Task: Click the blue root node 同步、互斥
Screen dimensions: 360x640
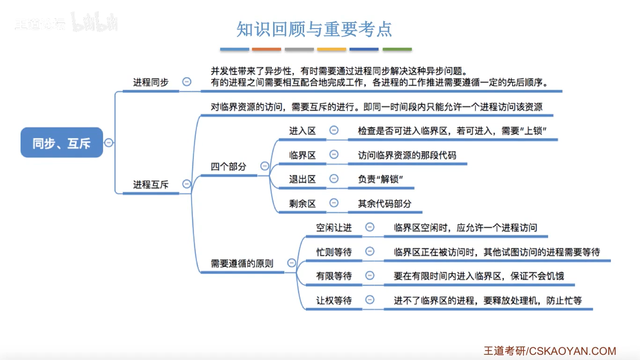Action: [61, 142]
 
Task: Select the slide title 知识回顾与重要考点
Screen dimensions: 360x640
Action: [314, 29]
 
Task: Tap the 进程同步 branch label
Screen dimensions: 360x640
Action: [150, 82]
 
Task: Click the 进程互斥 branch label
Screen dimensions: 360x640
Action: [150, 184]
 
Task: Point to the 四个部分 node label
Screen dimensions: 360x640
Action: [228, 166]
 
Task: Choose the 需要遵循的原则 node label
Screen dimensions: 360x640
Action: [242, 263]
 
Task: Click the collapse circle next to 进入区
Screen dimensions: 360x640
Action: [334, 130]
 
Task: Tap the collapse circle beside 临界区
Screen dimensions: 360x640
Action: [334, 154]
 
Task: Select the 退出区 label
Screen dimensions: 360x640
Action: [302, 179]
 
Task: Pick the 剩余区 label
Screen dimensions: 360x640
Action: [302, 203]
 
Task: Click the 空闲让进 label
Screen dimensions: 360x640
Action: [334, 228]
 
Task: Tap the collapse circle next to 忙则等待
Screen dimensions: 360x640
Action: [370, 252]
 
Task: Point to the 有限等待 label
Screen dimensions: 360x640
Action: [334, 276]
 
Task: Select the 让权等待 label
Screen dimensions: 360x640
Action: [334, 300]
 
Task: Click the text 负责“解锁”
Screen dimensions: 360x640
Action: [380, 179]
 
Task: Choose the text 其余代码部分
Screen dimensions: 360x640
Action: [384, 203]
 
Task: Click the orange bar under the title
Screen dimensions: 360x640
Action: [267, 49]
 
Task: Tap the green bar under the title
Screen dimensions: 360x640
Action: [397, 49]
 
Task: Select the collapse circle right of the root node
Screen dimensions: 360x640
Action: [109, 142]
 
